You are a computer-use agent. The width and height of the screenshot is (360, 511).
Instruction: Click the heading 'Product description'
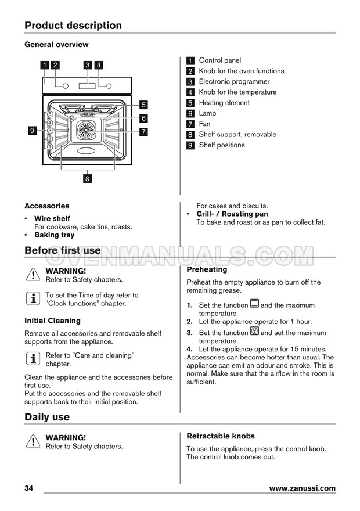pos(73,26)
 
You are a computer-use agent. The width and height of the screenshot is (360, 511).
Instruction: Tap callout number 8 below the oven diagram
pos(87,179)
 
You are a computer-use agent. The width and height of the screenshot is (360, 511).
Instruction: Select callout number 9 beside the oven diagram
pos(33,131)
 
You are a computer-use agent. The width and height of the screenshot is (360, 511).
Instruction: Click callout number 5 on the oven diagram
pos(143,105)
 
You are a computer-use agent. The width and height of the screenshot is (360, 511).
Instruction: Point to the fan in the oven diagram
pos(89,131)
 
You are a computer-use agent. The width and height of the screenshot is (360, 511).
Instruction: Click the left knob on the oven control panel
pos(65,87)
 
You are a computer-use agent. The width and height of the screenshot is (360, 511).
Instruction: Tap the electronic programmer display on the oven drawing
pos(87,86)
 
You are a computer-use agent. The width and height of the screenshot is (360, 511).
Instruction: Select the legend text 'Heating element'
pos(224,103)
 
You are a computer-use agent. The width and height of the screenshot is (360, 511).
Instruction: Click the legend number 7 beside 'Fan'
pos(190,124)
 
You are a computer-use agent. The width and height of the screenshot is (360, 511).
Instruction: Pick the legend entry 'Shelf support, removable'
pos(237,135)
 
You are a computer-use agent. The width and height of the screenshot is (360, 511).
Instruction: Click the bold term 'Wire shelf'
pos(52,219)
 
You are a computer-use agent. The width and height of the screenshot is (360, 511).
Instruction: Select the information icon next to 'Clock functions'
pos(33,298)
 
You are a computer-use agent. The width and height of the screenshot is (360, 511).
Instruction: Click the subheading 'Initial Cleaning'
pos(52,321)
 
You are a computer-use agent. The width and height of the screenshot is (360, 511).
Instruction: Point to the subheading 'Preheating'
pos(207,269)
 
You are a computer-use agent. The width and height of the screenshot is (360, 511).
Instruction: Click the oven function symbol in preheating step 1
pos(254,304)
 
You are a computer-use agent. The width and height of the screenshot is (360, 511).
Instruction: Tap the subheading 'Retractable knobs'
pos(221,436)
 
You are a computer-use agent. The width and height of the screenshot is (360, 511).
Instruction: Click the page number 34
pos(29,488)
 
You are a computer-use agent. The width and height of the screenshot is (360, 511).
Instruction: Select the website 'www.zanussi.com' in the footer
pos(302,488)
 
